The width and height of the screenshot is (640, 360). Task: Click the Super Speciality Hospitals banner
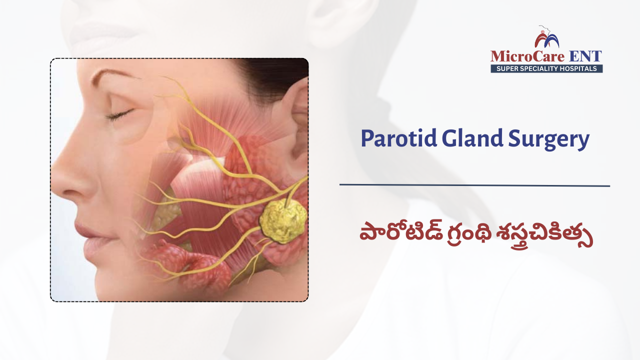[x=546, y=68]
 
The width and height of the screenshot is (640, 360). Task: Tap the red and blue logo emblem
[x=546, y=37]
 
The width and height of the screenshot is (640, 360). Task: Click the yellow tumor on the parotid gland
[x=282, y=220]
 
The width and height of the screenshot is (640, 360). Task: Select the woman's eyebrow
[x=110, y=75]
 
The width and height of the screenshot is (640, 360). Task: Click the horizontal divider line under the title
[x=474, y=185]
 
